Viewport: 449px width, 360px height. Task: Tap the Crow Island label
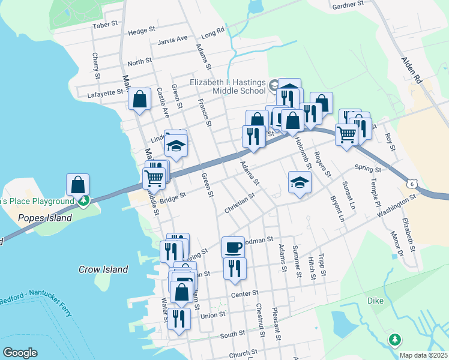point(103,269)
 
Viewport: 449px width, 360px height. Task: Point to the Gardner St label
point(348,4)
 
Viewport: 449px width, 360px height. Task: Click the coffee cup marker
point(233,246)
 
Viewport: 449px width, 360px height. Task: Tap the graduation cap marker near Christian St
point(300,182)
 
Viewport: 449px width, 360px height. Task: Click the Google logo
point(20,353)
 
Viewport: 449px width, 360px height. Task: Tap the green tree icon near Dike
point(394,340)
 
